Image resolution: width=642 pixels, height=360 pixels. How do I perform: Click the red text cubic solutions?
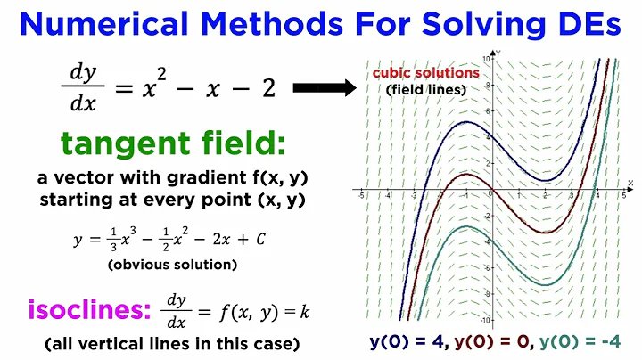426,73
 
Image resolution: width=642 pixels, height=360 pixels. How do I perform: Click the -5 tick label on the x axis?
360,193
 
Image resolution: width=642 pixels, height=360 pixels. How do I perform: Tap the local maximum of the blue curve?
465,121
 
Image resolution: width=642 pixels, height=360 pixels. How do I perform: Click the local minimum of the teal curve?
543,284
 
